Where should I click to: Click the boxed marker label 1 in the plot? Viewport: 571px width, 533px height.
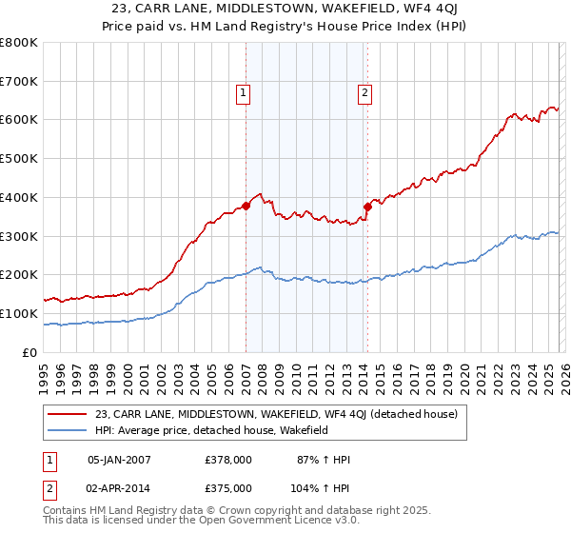(x=245, y=92)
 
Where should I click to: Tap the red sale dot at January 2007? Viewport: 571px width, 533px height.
(x=246, y=205)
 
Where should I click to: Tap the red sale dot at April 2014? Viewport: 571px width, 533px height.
(x=367, y=206)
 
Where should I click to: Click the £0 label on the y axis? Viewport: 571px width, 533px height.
(x=30, y=352)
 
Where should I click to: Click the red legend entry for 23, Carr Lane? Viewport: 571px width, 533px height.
(x=277, y=414)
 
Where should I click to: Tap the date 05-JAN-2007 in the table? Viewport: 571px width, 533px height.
(x=119, y=460)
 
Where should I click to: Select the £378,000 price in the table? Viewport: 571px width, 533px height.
(x=228, y=460)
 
